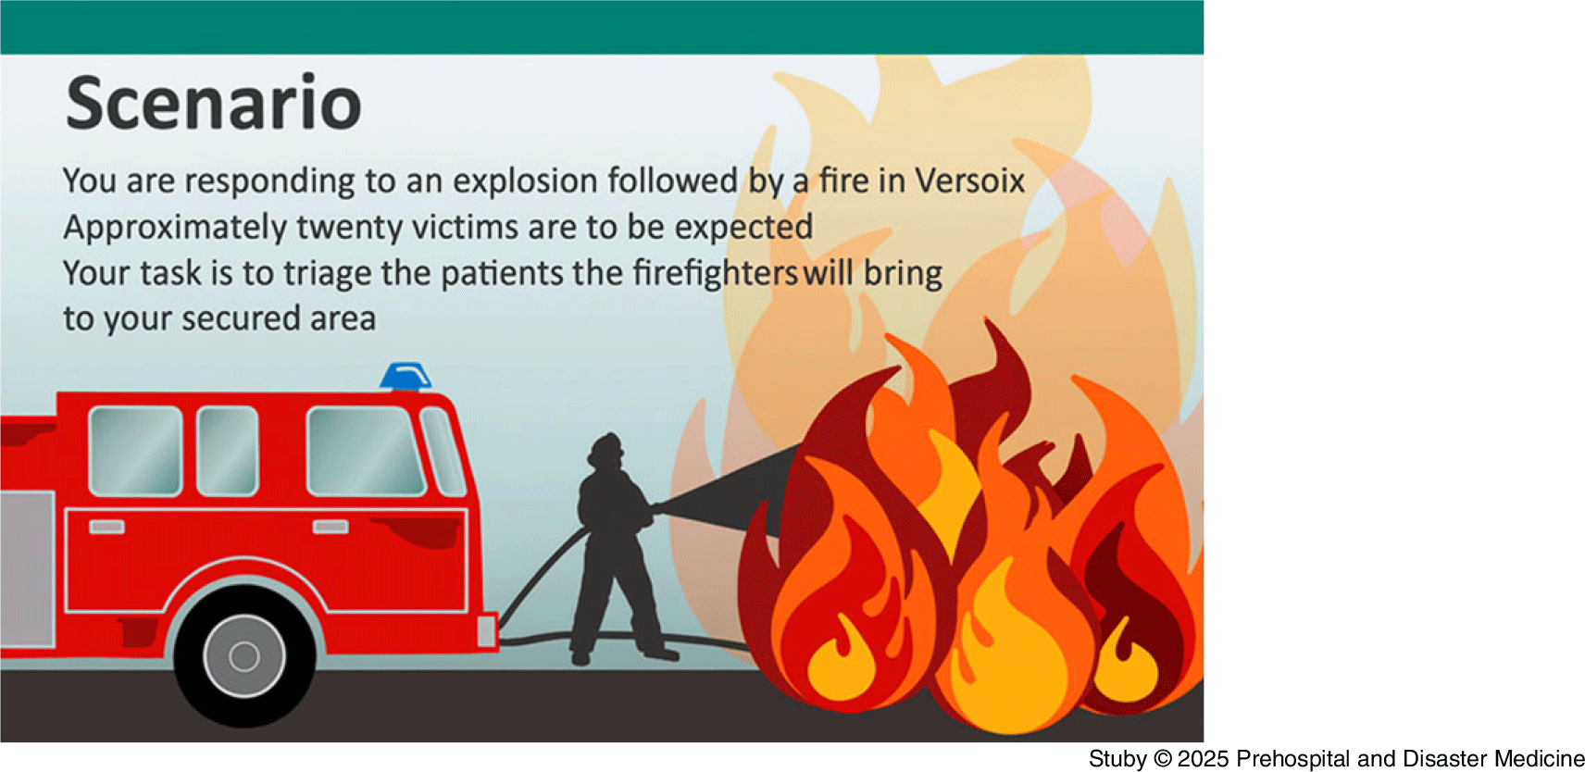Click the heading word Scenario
[x=214, y=104]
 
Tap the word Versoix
[x=969, y=181]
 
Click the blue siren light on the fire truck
[x=406, y=377]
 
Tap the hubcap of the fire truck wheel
[x=244, y=656]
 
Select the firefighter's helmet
[x=606, y=446]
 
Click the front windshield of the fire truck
[x=443, y=452]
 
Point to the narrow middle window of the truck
[x=227, y=451]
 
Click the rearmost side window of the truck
[x=135, y=451]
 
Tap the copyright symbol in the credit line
[x=1163, y=758]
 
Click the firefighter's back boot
[x=580, y=656]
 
